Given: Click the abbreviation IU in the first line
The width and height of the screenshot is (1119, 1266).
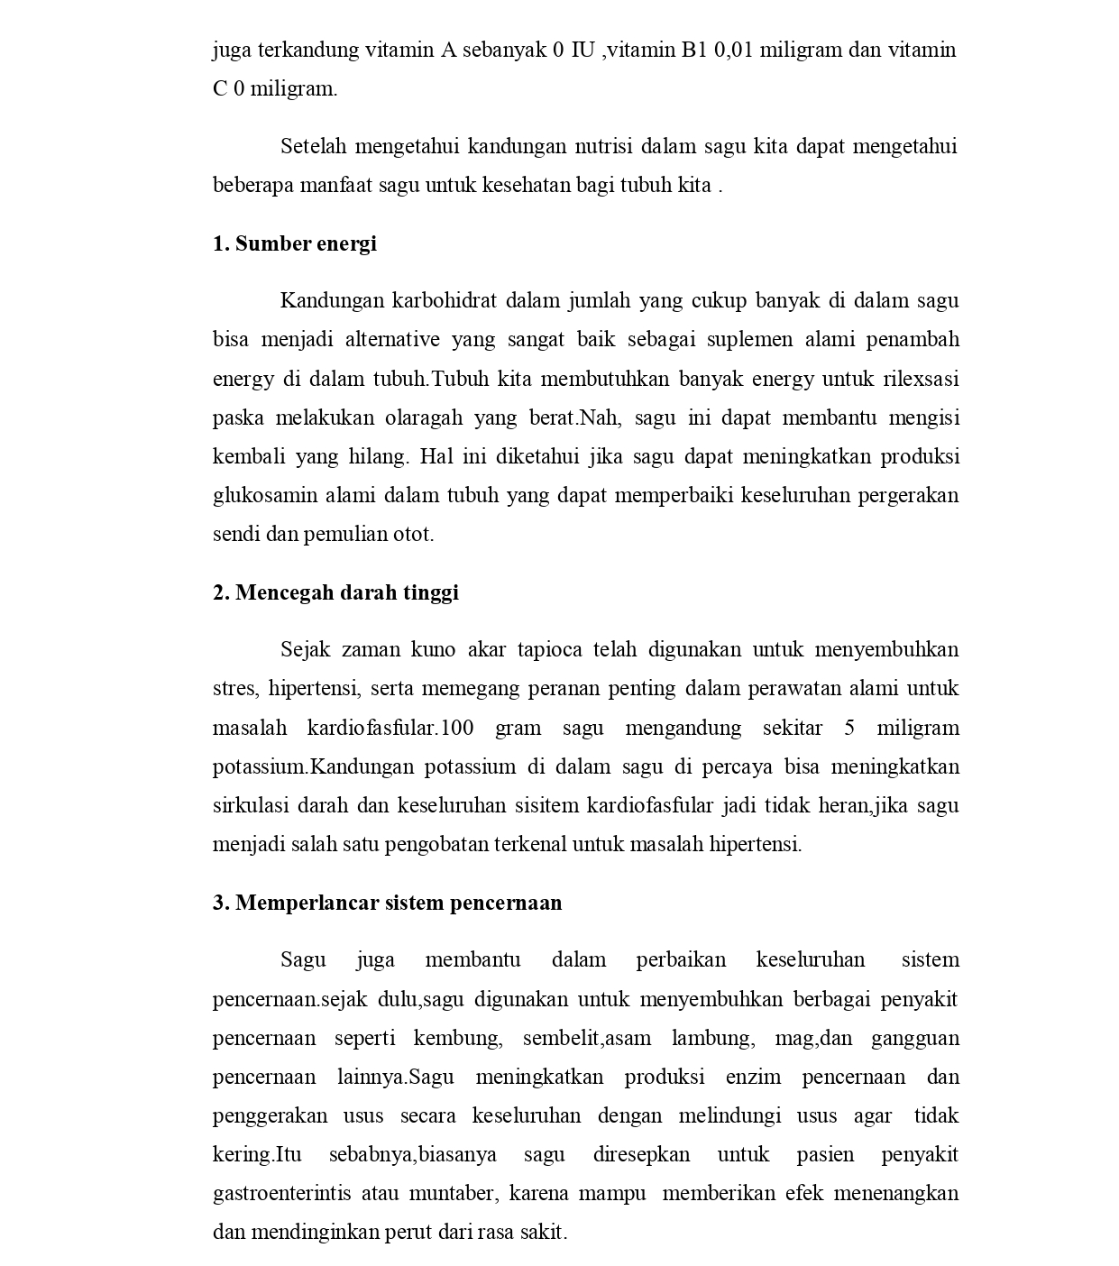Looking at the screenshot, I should [x=583, y=50].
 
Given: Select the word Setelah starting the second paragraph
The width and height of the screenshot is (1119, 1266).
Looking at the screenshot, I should [x=313, y=146].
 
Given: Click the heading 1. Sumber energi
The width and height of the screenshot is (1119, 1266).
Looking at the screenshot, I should [x=295, y=243].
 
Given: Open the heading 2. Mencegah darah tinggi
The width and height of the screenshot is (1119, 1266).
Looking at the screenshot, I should [x=335, y=592].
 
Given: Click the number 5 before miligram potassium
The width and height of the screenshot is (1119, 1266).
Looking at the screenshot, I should [x=849, y=728].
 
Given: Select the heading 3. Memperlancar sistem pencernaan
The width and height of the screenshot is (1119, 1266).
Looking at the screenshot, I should [x=387, y=903].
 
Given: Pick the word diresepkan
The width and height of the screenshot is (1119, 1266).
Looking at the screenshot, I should [x=641, y=1154].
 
